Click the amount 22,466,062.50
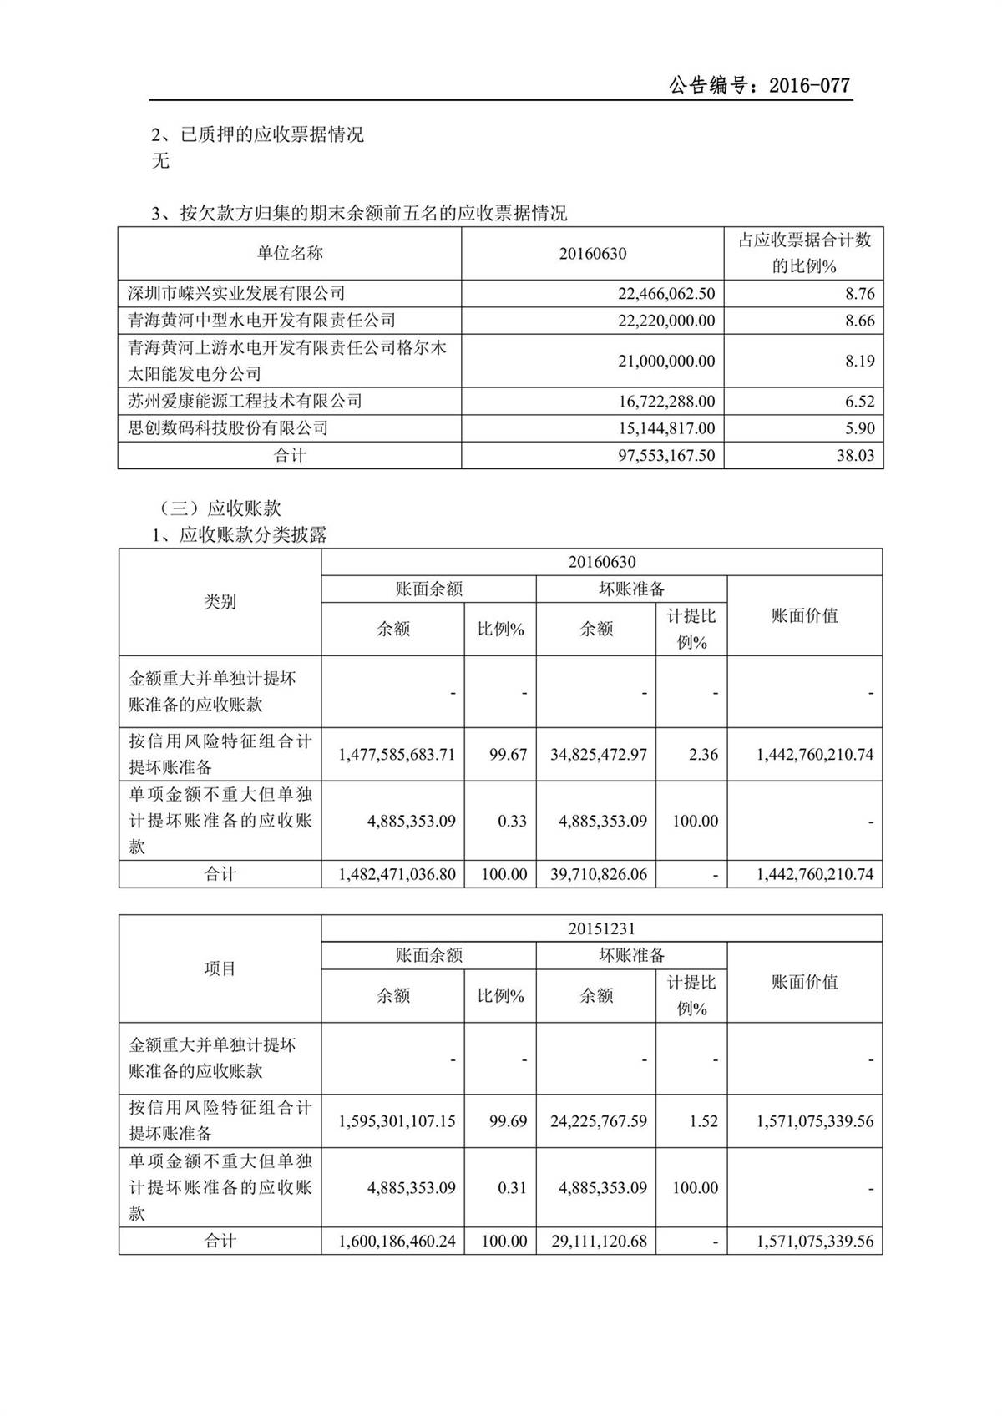666,294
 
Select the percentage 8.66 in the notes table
859,321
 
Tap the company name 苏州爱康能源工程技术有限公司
245,402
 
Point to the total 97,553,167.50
666,456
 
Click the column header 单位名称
289,253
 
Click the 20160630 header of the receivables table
601,562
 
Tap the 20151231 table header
601,928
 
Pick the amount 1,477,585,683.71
397,755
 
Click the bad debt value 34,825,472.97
598,755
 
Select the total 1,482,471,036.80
397,875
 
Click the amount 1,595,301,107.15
397,1121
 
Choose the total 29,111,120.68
598,1242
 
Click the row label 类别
220,602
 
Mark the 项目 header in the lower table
220,968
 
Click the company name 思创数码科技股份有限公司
228,428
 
